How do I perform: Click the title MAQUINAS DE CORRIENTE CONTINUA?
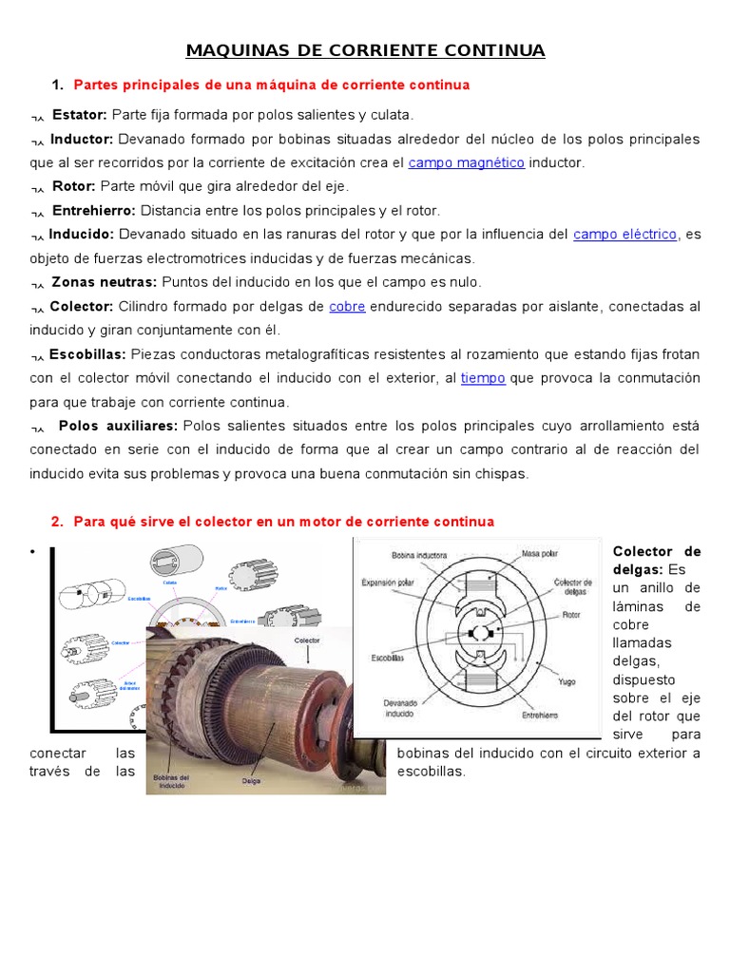[x=365, y=50]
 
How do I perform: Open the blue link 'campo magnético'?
[x=466, y=162]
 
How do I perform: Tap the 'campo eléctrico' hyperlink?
[x=624, y=234]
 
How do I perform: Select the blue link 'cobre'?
[x=347, y=306]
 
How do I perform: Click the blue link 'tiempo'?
[x=483, y=378]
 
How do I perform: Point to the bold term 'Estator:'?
[x=79, y=115]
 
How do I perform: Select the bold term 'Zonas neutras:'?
[x=104, y=282]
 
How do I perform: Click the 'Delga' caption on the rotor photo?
[x=251, y=781]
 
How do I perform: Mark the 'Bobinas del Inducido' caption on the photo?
[x=171, y=781]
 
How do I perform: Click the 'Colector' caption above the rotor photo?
[x=307, y=640]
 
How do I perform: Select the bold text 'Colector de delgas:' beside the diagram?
[x=656, y=560]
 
